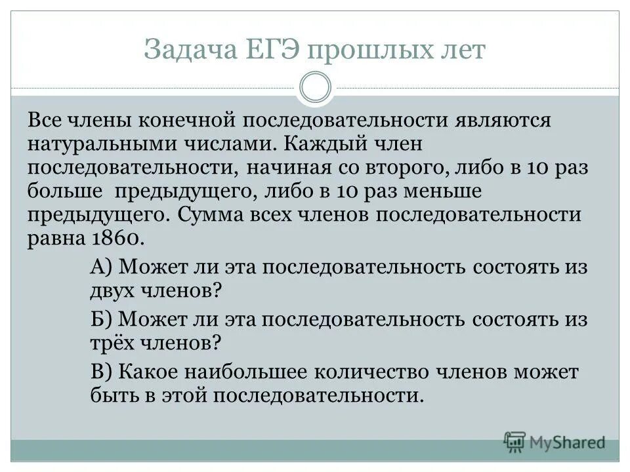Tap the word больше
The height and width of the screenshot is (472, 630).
click(x=65, y=191)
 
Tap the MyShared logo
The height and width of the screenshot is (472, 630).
click(x=555, y=441)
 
